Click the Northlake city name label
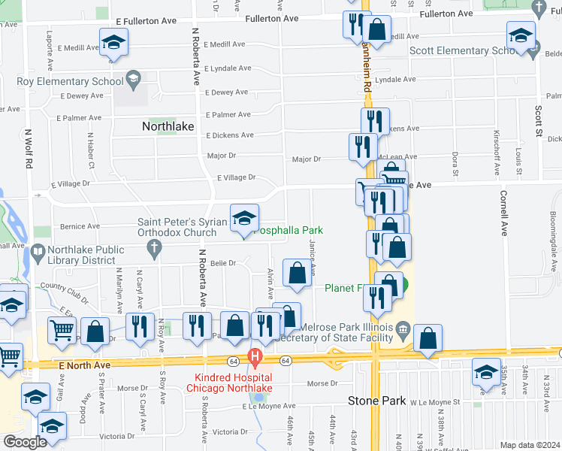172,127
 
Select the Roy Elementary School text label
70,81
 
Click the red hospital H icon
255,356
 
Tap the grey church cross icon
155,250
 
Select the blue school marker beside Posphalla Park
244,219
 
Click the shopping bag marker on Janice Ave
298,274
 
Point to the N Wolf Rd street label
29,150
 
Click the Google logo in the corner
24,442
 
